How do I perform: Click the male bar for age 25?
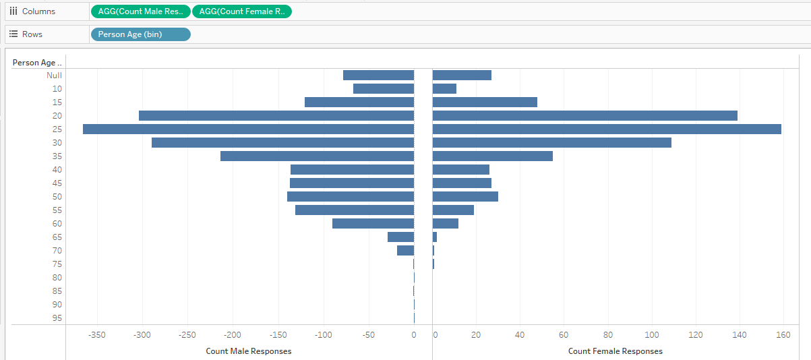coord(248,129)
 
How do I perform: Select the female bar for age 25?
coord(606,129)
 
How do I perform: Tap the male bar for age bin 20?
coord(276,115)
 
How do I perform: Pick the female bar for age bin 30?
coord(551,142)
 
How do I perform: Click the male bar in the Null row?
coord(378,75)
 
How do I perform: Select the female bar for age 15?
coord(485,102)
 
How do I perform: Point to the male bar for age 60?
coord(373,223)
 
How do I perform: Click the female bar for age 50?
coord(465,196)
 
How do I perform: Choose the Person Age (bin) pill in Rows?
coord(140,34)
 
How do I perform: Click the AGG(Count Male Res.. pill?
coord(140,11)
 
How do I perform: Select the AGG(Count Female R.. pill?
coord(242,11)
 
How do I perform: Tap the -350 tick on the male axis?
coord(97,334)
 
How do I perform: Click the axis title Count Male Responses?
coord(249,351)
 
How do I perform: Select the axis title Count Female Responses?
coord(615,351)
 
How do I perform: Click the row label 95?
coord(57,318)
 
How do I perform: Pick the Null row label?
coord(54,75)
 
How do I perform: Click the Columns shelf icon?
coord(13,11)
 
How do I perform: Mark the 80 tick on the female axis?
coord(607,334)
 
